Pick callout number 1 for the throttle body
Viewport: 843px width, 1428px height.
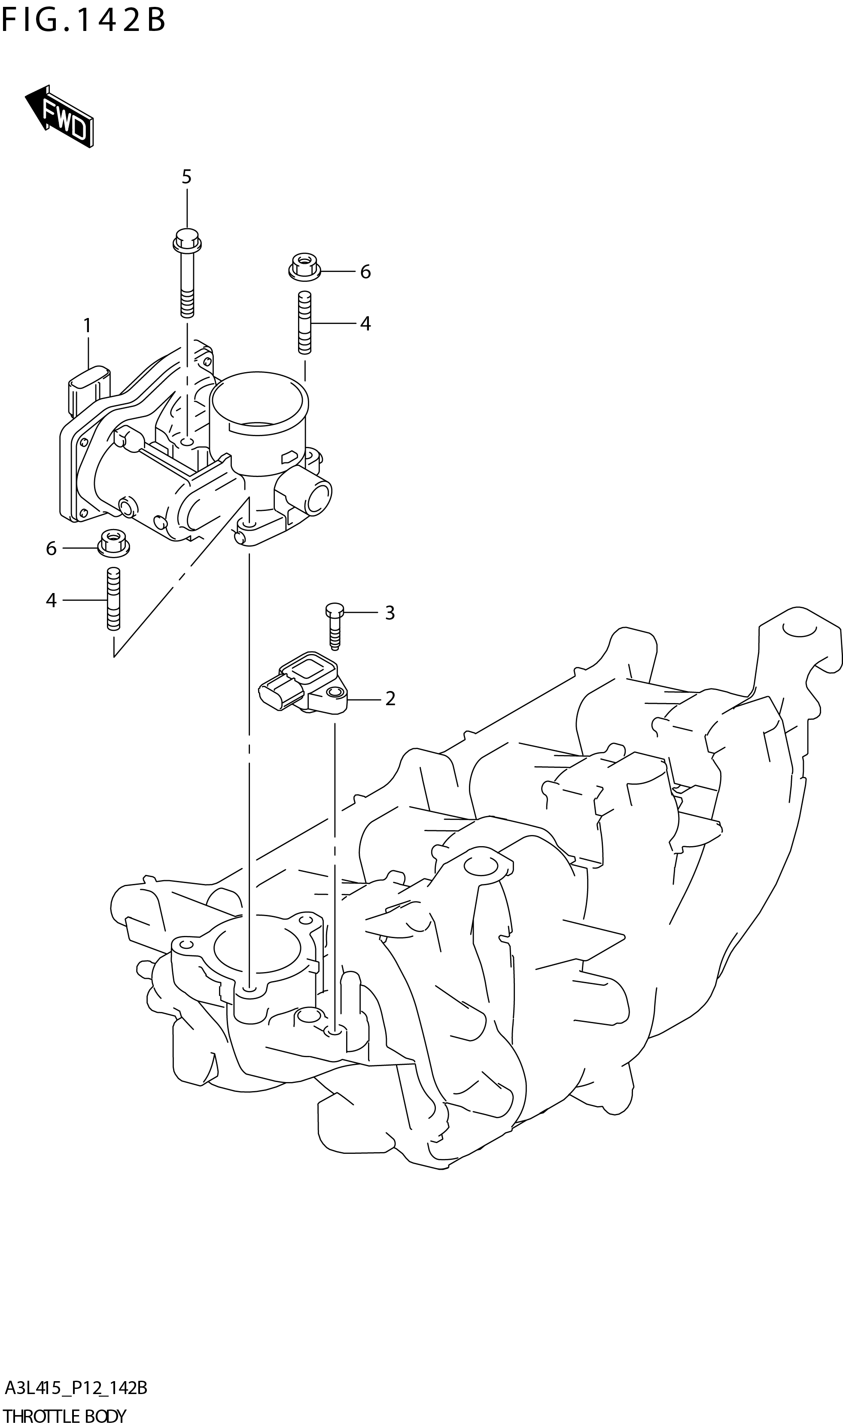tap(88, 326)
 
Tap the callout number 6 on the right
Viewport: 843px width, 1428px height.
tap(365, 272)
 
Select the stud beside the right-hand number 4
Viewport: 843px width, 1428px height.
tap(304, 322)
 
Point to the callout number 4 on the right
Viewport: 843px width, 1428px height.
tap(365, 324)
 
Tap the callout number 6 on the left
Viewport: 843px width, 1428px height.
tap(51, 549)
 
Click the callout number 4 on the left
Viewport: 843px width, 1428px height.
tap(51, 600)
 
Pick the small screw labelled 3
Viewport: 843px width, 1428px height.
tap(335, 625)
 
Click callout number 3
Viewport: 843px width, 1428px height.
tap(390, 613)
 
